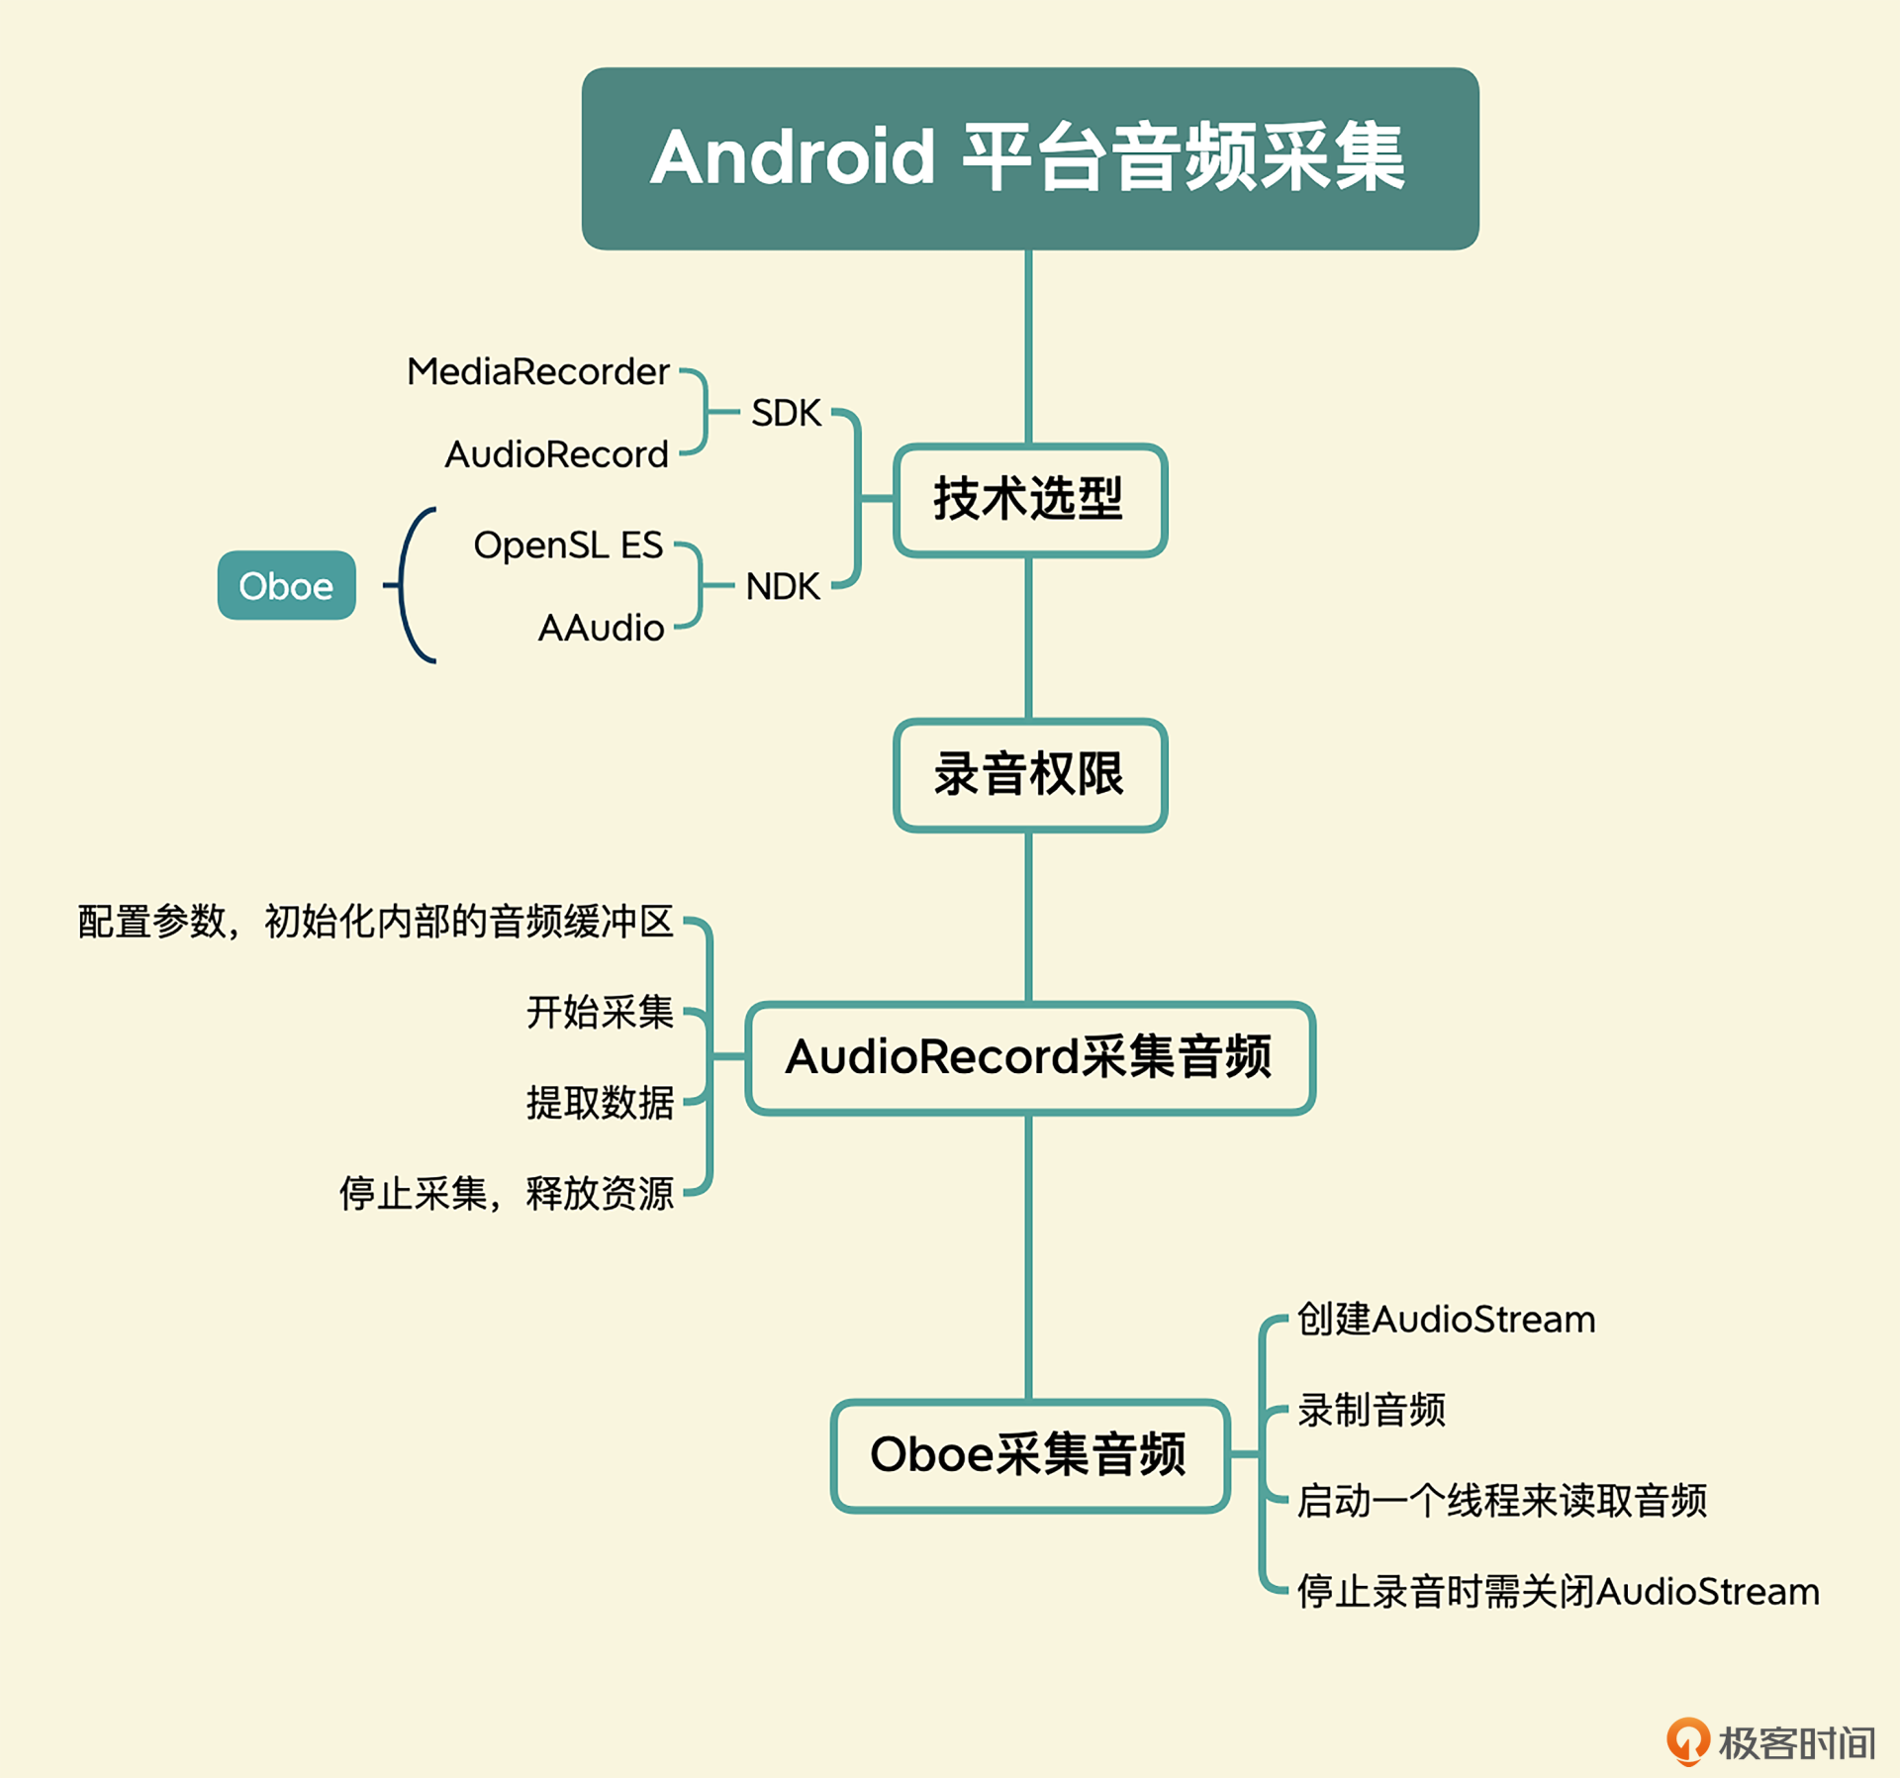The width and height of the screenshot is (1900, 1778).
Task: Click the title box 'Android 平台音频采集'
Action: (1030, 158)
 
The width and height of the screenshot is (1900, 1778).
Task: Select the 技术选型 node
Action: (1030, 499)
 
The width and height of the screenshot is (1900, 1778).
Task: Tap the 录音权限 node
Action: (1030, 774)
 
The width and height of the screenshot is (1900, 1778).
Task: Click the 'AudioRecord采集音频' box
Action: (1030, 1057)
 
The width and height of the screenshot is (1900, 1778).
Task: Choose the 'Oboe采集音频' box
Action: (1030, 1454)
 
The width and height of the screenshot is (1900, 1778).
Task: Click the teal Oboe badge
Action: (286, 585)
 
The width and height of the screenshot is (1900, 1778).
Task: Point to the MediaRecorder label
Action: (538, 372)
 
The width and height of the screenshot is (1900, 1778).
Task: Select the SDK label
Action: (786, 413)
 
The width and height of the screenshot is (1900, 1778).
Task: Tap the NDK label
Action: (783, 586)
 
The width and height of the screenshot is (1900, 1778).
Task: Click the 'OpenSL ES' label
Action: (568, 545)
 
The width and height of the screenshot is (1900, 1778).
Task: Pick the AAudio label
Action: (601, 628)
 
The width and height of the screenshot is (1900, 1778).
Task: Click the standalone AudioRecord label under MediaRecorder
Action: (557, 454)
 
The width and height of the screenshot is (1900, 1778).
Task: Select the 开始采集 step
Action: (600, 1012)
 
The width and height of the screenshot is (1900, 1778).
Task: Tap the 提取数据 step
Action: (600, 1102)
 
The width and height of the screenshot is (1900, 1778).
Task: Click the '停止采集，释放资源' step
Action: (506, 1193)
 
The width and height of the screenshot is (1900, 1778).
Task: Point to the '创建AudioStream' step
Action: (1446, 1319)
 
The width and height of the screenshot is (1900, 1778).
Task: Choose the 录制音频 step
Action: (1372, 1410)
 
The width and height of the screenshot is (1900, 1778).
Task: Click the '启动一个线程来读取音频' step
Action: (1502, 1500)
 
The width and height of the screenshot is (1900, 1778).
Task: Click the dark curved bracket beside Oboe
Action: (402, 585)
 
